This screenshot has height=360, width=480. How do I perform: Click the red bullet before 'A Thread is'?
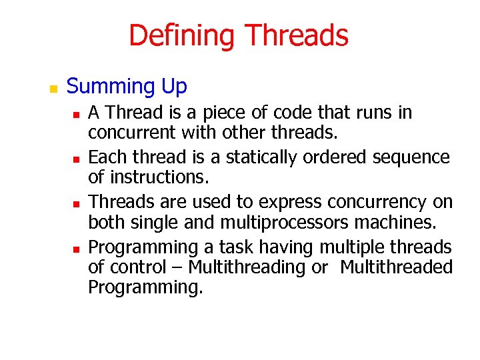tap(77, 115)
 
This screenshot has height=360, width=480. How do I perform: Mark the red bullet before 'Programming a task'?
tap(77, 249)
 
